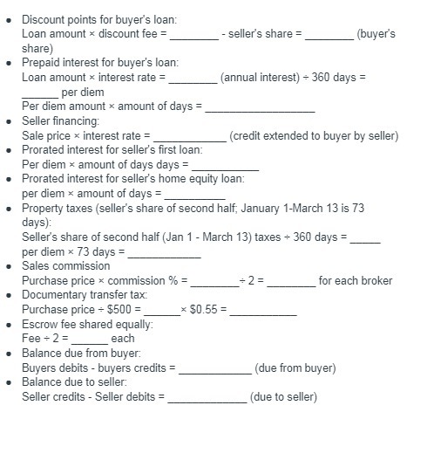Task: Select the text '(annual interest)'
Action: coord(257,78)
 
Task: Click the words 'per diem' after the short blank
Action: coord(81,93)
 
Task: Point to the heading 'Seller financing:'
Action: coord(60,120)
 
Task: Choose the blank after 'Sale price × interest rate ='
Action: coord(189,135)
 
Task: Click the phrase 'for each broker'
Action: coord(355,281)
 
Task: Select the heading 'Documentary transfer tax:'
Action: coord(85,295)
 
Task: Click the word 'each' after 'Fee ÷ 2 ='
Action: coord(123,339)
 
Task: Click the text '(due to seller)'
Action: coord(283,397)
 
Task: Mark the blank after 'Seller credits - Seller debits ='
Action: coord(207,397)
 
